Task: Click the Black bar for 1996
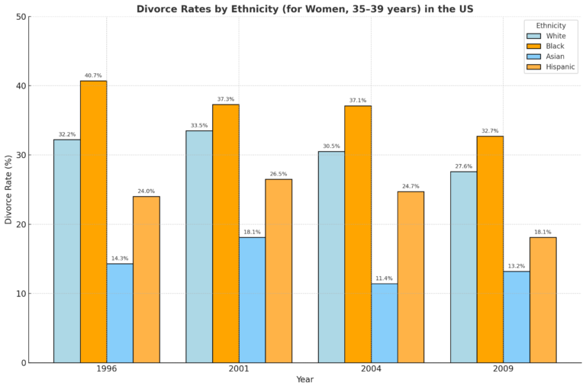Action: (93, 221)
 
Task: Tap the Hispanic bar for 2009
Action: (543, 300)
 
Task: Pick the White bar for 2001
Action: (199, 246)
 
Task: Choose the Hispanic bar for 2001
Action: (279, 271)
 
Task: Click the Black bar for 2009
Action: (490, 249)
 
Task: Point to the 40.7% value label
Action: (93, 76)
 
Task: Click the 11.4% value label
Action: (385, 278)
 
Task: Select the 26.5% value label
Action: (279, 174)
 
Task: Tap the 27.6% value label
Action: (463, 166)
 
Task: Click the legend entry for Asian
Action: (555, 56)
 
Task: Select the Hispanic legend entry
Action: (560, 67)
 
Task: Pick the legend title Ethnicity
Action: (551, 26)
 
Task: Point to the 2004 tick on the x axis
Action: (371, 368)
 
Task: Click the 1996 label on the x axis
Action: (106, 368)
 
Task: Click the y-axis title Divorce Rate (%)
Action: (8, 189)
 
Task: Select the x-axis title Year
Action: (304, 379)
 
